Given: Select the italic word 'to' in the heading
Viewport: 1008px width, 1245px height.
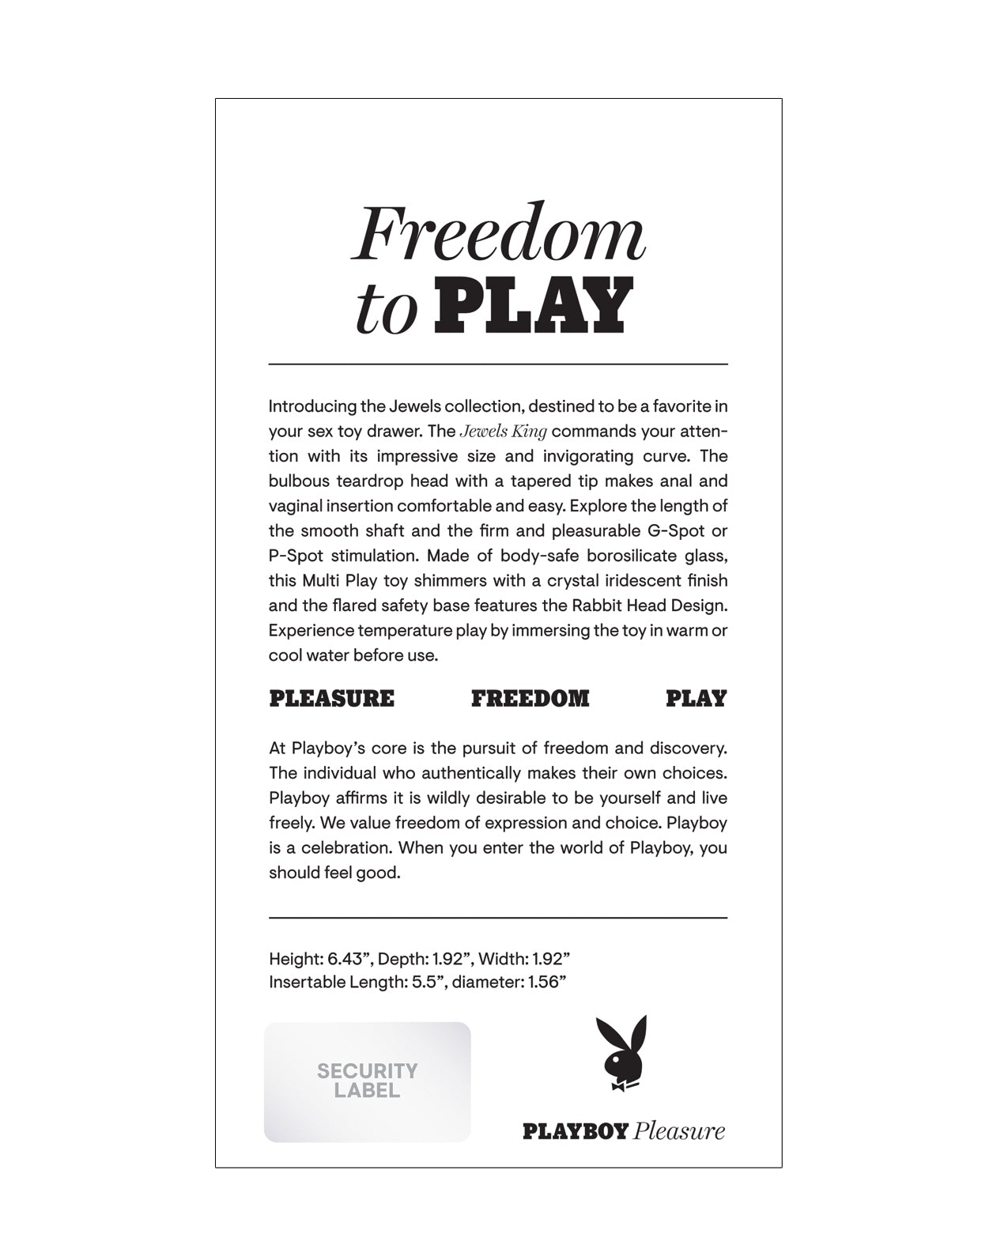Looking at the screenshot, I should [x=386, y=311].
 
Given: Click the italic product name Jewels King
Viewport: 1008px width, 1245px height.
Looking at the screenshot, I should [x=504, y=432].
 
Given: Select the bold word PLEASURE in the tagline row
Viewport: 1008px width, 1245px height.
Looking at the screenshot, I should [x=331, y=699].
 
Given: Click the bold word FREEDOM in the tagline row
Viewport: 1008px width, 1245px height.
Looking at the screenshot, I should [x=530, y=699].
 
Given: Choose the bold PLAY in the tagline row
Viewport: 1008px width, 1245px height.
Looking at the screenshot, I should [x=696, y=699].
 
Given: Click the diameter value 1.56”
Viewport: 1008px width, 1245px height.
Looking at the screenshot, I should [x=545, y=983].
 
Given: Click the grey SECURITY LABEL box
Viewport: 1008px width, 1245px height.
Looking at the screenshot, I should [x=367, y=1081].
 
